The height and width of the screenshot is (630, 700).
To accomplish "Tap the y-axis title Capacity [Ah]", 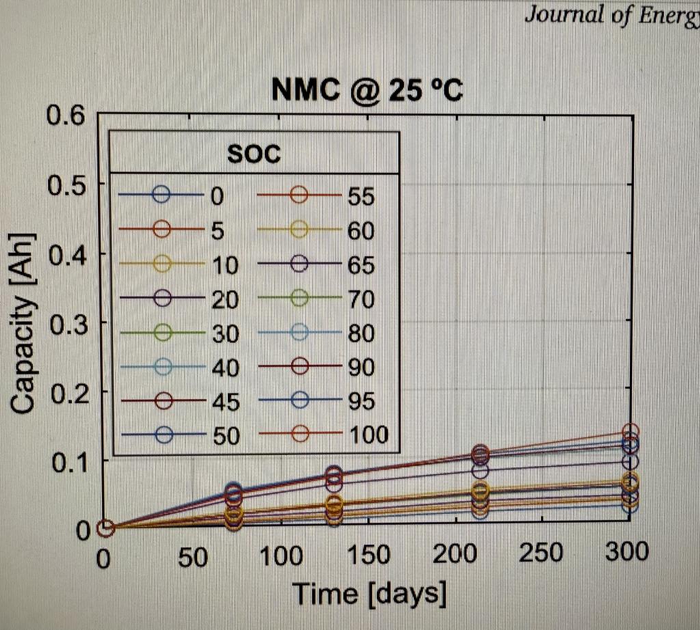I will [23, 324].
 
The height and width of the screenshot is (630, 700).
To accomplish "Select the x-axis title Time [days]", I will [369, 592].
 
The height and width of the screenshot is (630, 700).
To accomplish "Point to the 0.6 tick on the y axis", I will [66, 115].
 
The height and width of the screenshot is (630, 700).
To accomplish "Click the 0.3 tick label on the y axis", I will [66, 323].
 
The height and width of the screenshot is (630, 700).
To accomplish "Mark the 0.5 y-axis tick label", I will [66, 184].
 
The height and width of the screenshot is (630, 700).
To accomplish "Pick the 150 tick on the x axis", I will [368, 555].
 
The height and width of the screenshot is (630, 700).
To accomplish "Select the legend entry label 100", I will [367, 435].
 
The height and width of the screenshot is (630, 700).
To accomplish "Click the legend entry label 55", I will [361, 197].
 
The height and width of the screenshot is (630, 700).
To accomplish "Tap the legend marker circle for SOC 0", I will [161, 195].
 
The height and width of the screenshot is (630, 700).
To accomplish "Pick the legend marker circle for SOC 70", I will [299, 298].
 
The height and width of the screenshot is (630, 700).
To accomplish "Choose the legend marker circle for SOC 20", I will [161, 298].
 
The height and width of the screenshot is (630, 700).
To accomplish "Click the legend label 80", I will [361, 333].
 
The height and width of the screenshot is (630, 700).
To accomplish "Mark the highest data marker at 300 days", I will [630, 432].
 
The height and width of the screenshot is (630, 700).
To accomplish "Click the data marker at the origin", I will [105, 528].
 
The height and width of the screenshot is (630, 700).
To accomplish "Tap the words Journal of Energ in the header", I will [611, 15].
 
